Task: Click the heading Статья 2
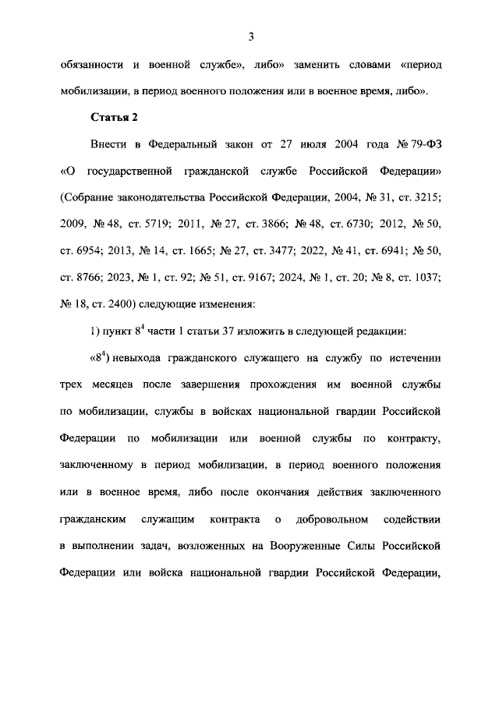pos(114,117)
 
